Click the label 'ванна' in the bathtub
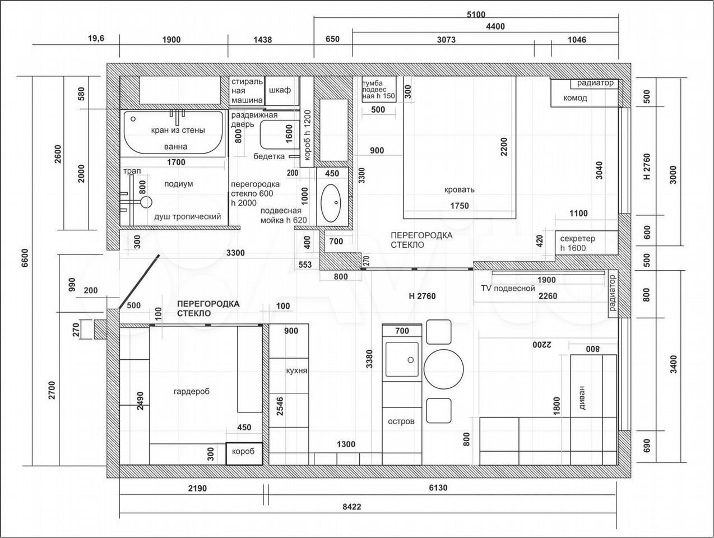(175, 147)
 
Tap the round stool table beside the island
(444, 369)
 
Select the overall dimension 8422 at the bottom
(352, 507)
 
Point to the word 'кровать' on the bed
(460, 189)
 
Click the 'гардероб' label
(191, 392)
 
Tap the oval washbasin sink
(331, 203)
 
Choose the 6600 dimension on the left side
(25, 258)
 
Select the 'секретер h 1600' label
(578, 243)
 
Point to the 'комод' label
(575, 98)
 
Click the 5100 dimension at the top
(476, 15)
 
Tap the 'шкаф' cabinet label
(280, 90)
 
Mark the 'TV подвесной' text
(508, 288)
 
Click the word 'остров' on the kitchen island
(401, 421)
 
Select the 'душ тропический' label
(187, 217)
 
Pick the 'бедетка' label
(269, 156)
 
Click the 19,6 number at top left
(96, 38)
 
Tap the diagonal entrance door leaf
(139, 282)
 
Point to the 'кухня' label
(296, 370)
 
